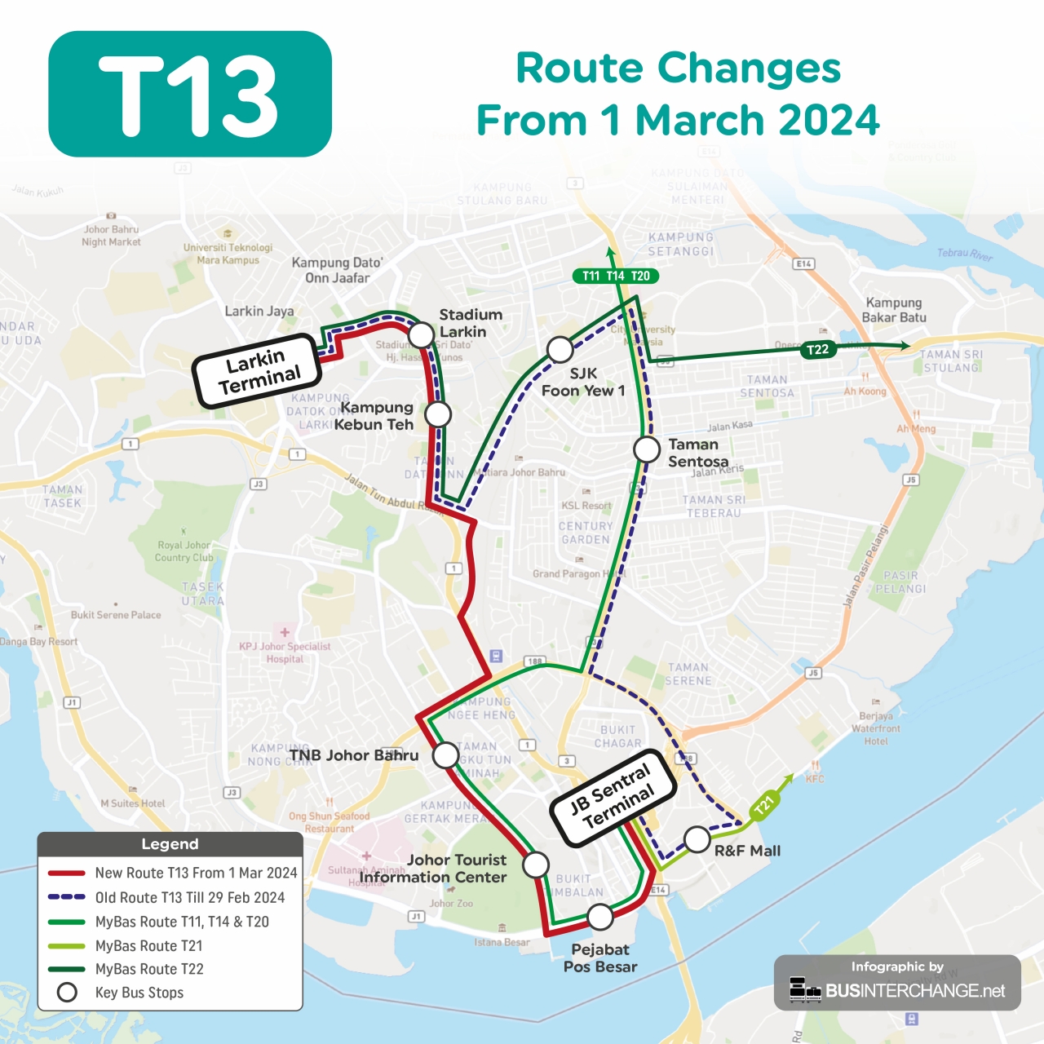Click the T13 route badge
(190, 95)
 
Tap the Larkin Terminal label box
(258, 371)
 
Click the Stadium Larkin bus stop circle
(421, 334)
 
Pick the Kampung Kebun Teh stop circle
(438, 414)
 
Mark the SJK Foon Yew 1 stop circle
(560, 350)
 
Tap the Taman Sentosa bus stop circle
(647, 449)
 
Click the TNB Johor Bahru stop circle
(445, 755)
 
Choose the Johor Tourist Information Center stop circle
(536, 865)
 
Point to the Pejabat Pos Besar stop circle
(600, 917)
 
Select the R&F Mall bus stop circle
(697, 838)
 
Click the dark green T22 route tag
(817, 350)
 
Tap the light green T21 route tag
(763, 806)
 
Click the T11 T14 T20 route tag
(616, 276)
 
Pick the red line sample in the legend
(66, 873)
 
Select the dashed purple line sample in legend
(66, 897)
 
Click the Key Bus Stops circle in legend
(67, 993)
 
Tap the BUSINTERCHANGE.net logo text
(915, 991)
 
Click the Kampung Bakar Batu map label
(893, 310)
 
